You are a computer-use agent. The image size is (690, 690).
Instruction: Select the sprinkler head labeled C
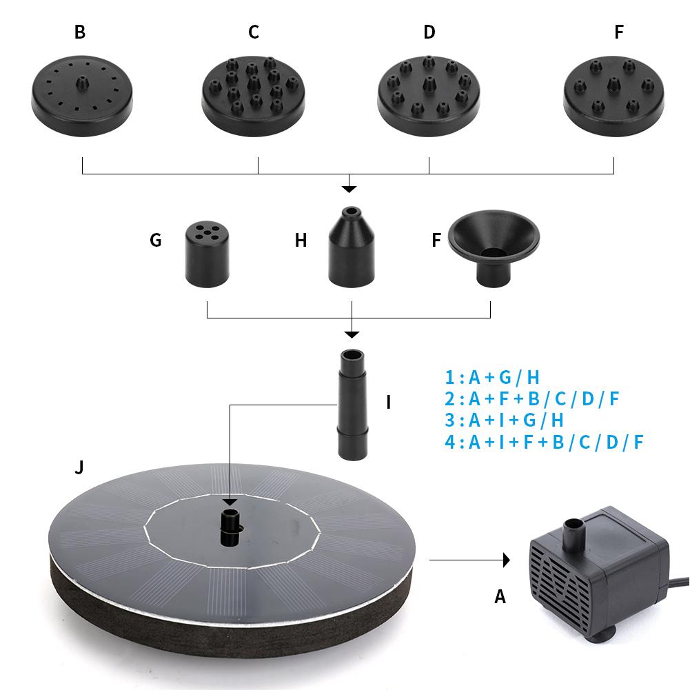(253, 93)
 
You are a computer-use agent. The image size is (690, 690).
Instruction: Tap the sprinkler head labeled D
(429, 93)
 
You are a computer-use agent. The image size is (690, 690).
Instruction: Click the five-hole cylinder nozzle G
(207, 256)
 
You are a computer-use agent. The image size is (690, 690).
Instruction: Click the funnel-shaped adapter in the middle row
(494, 249)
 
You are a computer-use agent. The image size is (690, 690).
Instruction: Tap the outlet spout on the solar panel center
(230, 528)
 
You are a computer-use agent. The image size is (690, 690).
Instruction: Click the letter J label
(79, 468)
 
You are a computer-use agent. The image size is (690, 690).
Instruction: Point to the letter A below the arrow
(500, 596)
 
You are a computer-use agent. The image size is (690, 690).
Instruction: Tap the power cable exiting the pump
(680, 582)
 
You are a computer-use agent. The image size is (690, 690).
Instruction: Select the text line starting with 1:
(492, 377)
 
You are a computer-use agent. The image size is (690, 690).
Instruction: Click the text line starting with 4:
(544, 442)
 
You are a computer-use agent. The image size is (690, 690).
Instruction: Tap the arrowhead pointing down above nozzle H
(349, 188)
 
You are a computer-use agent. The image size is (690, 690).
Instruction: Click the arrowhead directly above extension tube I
(352, 334)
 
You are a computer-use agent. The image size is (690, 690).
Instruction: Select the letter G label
(156, 240)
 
